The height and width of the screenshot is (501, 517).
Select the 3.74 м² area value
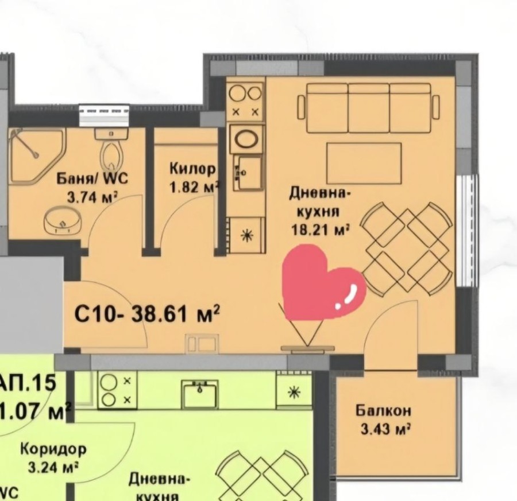click(x=92, y=197)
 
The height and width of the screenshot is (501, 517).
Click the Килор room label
click(x=192, y=169)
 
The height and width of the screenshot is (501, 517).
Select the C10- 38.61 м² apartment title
click(x=147, y=314)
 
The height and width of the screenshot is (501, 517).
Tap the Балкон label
click(x=383, y=411)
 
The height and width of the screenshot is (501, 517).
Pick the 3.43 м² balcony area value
click(x=383, y=429)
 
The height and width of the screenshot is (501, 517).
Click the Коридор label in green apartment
click(x=53, y=449)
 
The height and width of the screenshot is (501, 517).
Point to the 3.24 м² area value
click(x=53, y=467)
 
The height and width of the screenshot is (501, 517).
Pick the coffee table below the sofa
click(x=364, y=163)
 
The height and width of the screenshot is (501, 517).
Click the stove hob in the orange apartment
click(x=246, y=100)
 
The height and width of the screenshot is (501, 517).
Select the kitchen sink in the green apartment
click(x=200, y=394)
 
